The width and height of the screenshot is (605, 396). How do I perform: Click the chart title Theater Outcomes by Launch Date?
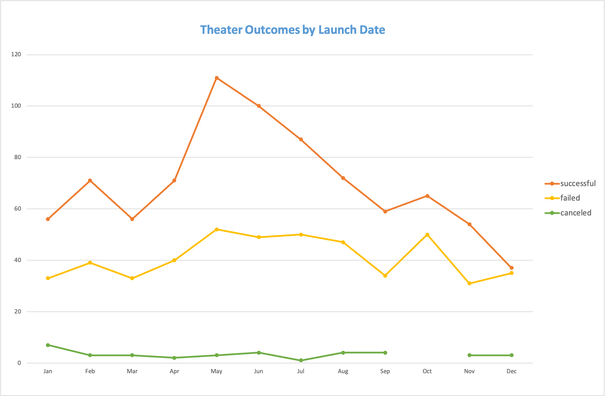(x=292, y=30)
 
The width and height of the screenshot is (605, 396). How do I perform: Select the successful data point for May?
(x=217, y=78)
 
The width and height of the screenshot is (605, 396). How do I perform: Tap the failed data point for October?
(x=427, y=235)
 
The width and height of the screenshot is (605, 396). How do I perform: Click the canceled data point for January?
(x=48, y=345)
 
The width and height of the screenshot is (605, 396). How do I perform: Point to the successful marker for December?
(x=511, y=268)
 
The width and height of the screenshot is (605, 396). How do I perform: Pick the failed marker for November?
(x=469, y=283)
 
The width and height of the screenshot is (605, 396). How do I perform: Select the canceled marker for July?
(x=301, y=360)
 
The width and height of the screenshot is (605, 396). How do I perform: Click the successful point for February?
(x=90, y=181)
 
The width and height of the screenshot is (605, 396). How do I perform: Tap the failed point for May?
(x=217, y=230)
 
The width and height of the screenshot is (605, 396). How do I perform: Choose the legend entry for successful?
(x=577, y=184)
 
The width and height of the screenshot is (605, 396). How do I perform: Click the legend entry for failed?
(x=570, y=198)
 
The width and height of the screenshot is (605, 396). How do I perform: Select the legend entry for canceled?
(x=575, y=213)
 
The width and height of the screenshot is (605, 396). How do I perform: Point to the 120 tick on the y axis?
(x=16, y=55)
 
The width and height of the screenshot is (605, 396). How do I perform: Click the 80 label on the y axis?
(x=18, y=157)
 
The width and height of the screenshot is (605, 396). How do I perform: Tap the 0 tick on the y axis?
(x=19, y=363)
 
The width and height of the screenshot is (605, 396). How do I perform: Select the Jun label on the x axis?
(x=259, y=371)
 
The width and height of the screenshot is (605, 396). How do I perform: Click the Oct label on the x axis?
(x=427, y=371)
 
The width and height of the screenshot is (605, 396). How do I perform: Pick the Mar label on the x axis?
(x=132, y=371)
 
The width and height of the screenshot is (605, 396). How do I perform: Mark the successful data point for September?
(x=385, y=211)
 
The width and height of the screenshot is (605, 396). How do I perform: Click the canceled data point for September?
(x=385, y=353)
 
